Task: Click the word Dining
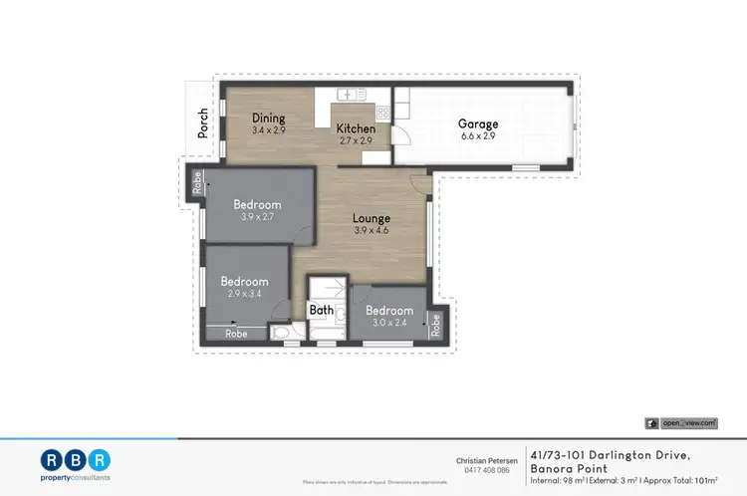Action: coord(268,119)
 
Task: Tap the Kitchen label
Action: coord(356,129)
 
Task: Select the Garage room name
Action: coord(478,124)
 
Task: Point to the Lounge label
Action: coord(372,218)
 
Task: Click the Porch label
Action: coord(203,123)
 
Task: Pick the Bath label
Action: coord(322,310)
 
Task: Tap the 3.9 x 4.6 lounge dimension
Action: coord(372,230)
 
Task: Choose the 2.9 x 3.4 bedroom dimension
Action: coord(245,294)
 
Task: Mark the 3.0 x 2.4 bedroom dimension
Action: coord(388,323)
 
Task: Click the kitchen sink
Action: coord(349,95)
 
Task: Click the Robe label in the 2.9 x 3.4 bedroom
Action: coord(236,335)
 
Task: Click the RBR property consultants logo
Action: coord(77,464)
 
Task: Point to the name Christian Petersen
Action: coord(482,460)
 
